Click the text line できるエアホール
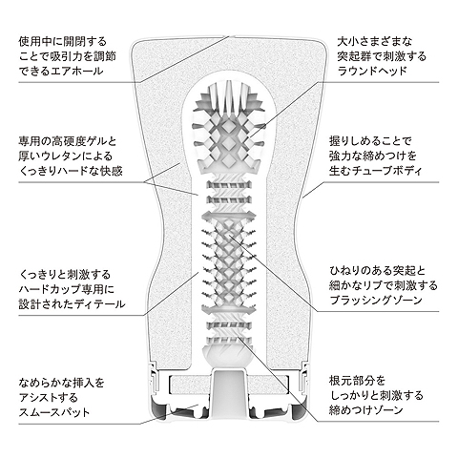61,71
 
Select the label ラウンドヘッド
372,71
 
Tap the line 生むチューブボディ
376,171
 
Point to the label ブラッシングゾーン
376,300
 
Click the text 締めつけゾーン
366,410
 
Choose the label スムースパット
54,412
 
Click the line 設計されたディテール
72,304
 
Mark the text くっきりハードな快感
71,171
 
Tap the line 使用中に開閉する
63,41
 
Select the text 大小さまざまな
375,41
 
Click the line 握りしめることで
371,140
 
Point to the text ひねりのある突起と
378,271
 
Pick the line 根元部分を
357,381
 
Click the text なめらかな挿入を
62,383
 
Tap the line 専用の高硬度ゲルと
68,140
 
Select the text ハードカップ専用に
67,289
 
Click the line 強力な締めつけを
373,156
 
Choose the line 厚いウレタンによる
66,156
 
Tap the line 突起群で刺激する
382,56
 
